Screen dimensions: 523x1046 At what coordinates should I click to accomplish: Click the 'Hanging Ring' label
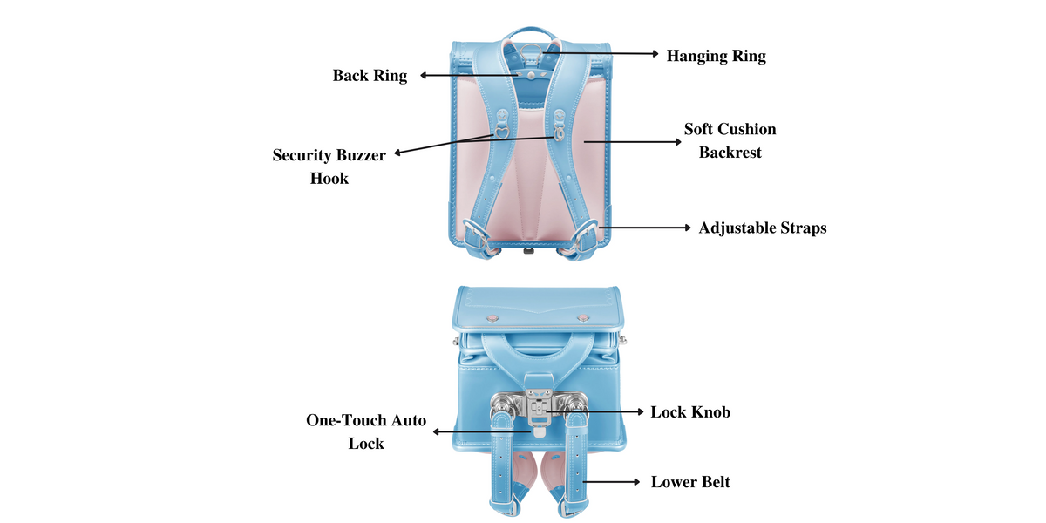(716, 56)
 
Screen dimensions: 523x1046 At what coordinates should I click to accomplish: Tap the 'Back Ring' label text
(370, 76)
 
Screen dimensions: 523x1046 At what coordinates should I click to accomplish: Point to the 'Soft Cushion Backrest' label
(730, 140)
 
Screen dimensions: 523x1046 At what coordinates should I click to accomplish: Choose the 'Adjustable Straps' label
(762, 228)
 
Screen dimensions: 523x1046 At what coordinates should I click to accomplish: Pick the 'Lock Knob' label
(690, 411)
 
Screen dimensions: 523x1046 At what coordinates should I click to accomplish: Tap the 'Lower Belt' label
(690, 481)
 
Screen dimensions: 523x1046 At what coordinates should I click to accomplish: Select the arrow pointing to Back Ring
(471, 76)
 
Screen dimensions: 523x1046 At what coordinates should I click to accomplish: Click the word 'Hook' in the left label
(329, 179)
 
